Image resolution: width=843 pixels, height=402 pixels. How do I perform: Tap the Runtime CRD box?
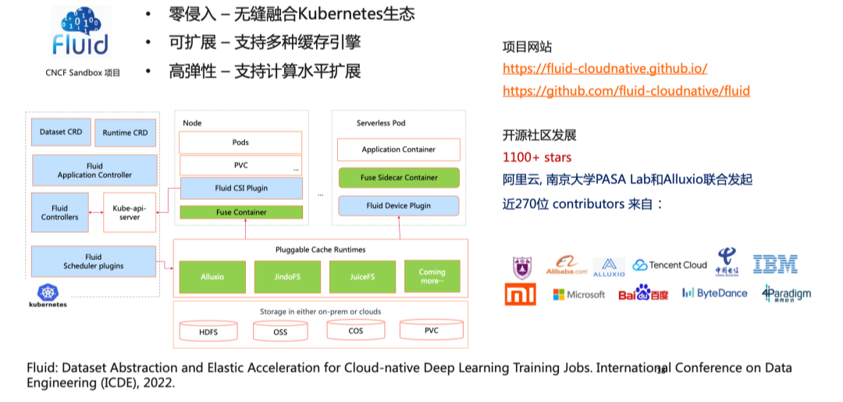pyautogui.click(x=125, y=133)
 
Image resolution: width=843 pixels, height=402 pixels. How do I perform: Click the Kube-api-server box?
pyautogui.click(x=130, y=212)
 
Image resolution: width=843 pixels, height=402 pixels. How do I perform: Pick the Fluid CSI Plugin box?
pyautogui.click(x=241, y=188)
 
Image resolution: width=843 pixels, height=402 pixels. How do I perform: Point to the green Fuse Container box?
pyautogui.click(x=241, y=212)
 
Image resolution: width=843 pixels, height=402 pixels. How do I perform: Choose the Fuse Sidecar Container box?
pyautogui.click(x=399, y=177)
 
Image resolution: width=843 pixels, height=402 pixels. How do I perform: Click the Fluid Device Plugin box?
pyautogui.click(x=399, y=206)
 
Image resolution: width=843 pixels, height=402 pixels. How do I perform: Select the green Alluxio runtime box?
pyautogui.click(x=212, y=276)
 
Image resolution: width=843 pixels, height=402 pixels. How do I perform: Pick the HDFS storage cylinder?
pyautogui.click(x=208, y=331)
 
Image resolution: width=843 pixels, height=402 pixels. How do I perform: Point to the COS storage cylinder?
pyautogui.click(x=356, y=330)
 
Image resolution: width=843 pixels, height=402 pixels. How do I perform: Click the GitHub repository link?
pyautogui.click(x=626, y=91)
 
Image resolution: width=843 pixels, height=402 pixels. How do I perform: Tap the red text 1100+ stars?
pyautogui.click(x=537, y=158)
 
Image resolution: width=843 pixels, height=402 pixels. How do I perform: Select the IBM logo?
pyautogui.click(x=775, y=265)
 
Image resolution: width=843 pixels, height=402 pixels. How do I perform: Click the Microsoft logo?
pyautogui.click(x=578, y=294)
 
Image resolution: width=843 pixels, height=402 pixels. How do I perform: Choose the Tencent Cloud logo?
pyautogui.click(x=670, y=265)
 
